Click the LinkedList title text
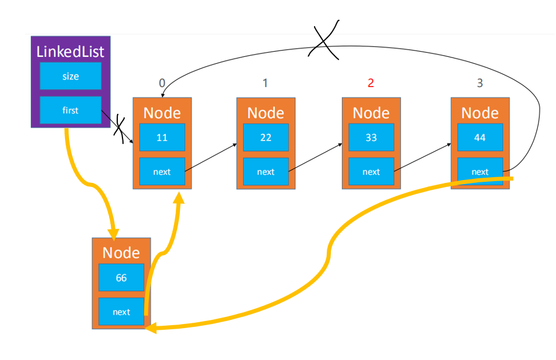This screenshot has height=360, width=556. pyautogui.click(x=70, y=52)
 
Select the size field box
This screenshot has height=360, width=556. pyautogui.click(x=71, y=76)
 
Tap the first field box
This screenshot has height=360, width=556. pyautogui.click(x=71, y=110)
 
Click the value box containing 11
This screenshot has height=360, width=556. pyautogui.click(x=162, y=137)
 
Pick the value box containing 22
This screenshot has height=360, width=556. pyautogui.click(x=266, y=137)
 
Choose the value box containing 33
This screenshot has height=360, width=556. pyautogui.click(x=371, y=137)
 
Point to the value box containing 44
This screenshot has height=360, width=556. pyautogui.click(x=480, y=137)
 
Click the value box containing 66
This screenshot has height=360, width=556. pyautogui.click(x=121, y=278)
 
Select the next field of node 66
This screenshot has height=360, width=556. pyautogui.click(x=121, y=311)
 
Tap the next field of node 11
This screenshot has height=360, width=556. pyautogui.click(x=162, y=171)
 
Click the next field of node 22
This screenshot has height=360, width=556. pyautogui.click(x=266, y=171)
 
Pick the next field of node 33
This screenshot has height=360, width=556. pyautogui.click(x=371, y=171)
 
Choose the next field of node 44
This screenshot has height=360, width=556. pyautogui.click(x=480, y=171)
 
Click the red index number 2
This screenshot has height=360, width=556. pyautogui.click(x=371, y=83)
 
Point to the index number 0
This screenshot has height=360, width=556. pyautogui.click(x=162, y=83)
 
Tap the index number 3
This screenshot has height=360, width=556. pyautogui.click(x=480, y=83)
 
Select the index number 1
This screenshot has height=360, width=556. pyautogui.click(x=265, y=83)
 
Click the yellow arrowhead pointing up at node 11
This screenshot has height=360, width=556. pyautogui.click(x=179, y=197)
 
